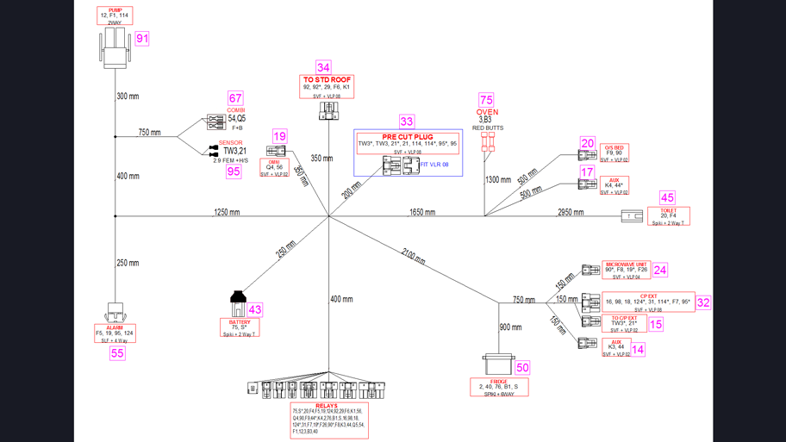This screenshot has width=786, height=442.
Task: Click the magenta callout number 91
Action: [x=142, y=39]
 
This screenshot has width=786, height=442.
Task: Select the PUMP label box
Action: [x=115, y=16]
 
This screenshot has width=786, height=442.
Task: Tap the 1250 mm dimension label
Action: [x=227, y=212]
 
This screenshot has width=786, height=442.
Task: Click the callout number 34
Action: [x=323, y=67]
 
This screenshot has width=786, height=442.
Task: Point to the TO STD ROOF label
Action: [x=327, y=80]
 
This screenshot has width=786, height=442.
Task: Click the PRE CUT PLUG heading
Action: [x=408, y=137]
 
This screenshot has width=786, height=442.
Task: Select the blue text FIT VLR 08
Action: [x=434, y=165]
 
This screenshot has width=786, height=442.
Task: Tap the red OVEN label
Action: [x=487, y=112]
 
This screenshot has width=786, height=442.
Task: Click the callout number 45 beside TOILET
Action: [x=667, y=198]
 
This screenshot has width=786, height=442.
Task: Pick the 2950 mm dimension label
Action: [x=571, y=212]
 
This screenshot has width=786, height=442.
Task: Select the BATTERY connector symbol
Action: [x=239, y=303]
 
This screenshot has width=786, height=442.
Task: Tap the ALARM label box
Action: [x=115, y=333]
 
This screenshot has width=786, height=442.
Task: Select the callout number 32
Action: [x=703, y=302]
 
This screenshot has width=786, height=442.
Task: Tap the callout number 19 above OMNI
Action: [x=279, y=136]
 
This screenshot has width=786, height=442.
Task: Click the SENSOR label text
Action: [x=230, y=143]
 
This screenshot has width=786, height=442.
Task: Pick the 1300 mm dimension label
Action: [x=498, y=180]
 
